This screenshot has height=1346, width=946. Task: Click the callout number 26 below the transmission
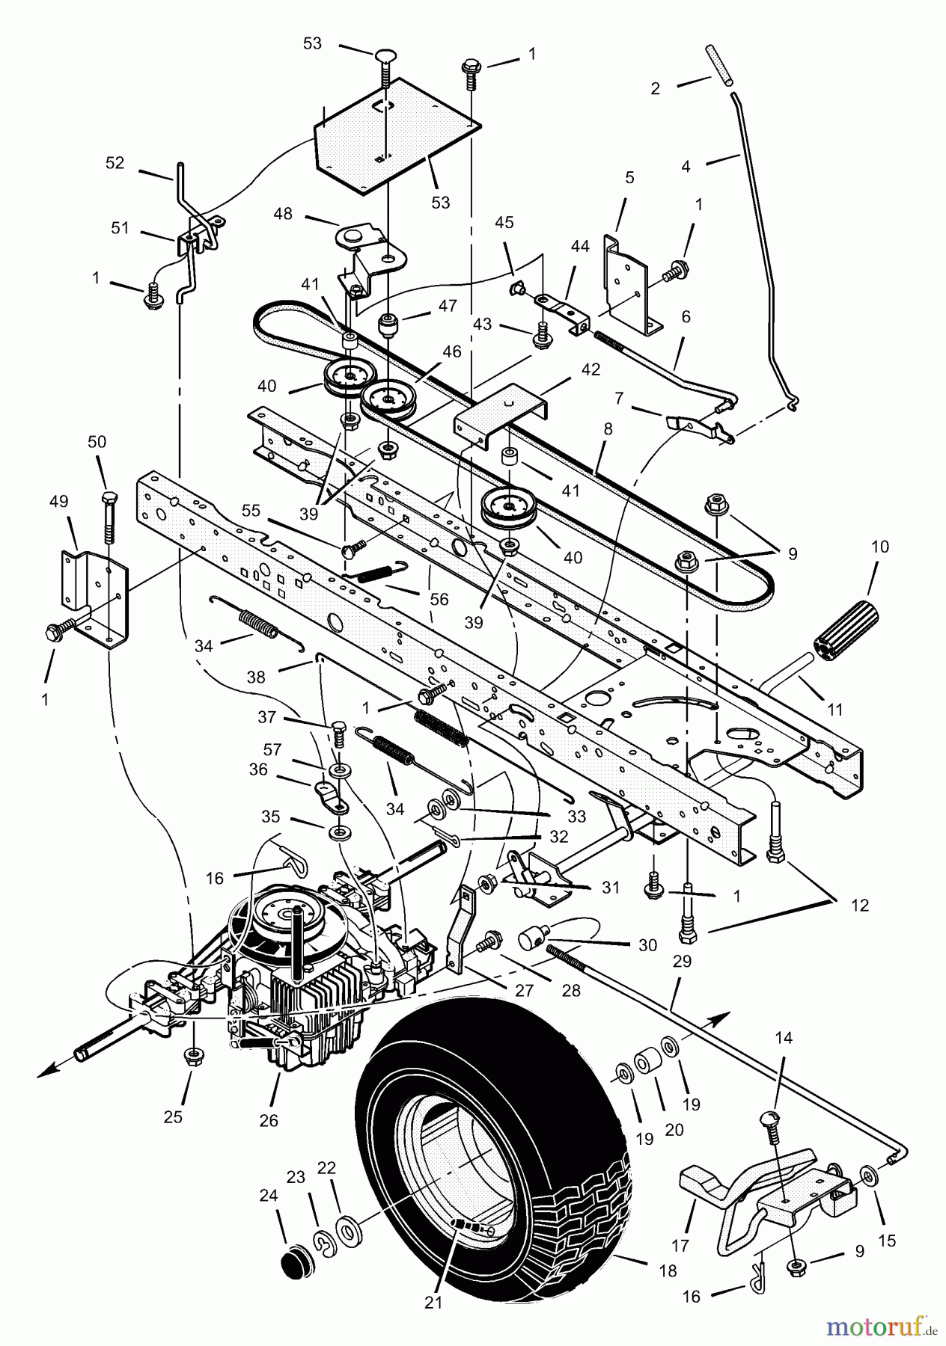(x=268, y=1120)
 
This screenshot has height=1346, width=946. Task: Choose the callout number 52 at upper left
(x=115, y=163)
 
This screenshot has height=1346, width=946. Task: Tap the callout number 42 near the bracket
(x=591, y=369)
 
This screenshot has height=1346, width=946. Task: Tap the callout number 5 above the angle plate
(x=629, y=177)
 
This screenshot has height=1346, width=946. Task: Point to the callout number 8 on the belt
(x=608, y=429)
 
